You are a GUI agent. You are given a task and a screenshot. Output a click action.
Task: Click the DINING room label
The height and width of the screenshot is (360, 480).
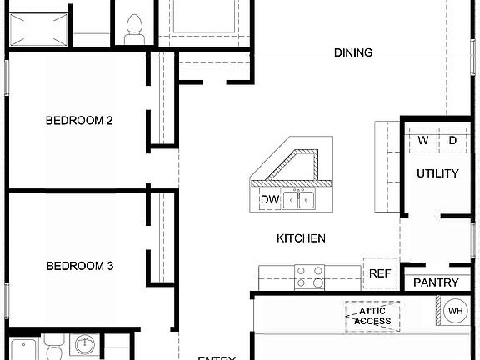pyautogui.click(x=353, y=53)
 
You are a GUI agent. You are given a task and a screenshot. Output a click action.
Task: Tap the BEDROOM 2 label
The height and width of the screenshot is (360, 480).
pyautogui.click(x=79, y=121)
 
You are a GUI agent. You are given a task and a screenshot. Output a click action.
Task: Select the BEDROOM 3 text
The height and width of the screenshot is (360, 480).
pyautogui.click(x=79, y=267)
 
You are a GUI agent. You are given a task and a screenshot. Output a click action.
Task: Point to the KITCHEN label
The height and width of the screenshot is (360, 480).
pyautogui.click(x=301, y=239)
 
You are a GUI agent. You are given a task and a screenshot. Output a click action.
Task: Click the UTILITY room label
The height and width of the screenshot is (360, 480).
pyautogui.click(x=437, y=174)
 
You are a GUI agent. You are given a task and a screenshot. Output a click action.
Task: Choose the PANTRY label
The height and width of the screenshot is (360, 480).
pyautogui.click(x=436, y=283)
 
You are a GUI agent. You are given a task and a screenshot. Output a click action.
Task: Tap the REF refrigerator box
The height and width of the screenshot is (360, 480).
pyautogui.click(x=380, y=273)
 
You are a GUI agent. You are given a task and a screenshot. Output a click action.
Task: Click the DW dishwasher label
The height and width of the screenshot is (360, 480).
pyautogui.click(x=269, y=200)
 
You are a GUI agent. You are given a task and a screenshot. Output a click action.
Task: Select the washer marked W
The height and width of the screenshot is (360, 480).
pyautogui.click(x=423, y=141)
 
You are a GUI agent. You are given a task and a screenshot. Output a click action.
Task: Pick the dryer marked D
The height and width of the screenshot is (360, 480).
pyautogui.click(x=452, y=141)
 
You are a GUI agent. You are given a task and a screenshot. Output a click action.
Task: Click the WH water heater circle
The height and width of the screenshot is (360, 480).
pyautogui.click(x=455, y=312)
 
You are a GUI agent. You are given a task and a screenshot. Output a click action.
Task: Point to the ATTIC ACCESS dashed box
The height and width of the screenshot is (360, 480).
pyautogui.click(x=372, y=316)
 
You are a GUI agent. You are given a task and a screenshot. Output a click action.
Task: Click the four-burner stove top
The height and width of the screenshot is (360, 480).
pyautogui.click(x=310, y=277)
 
